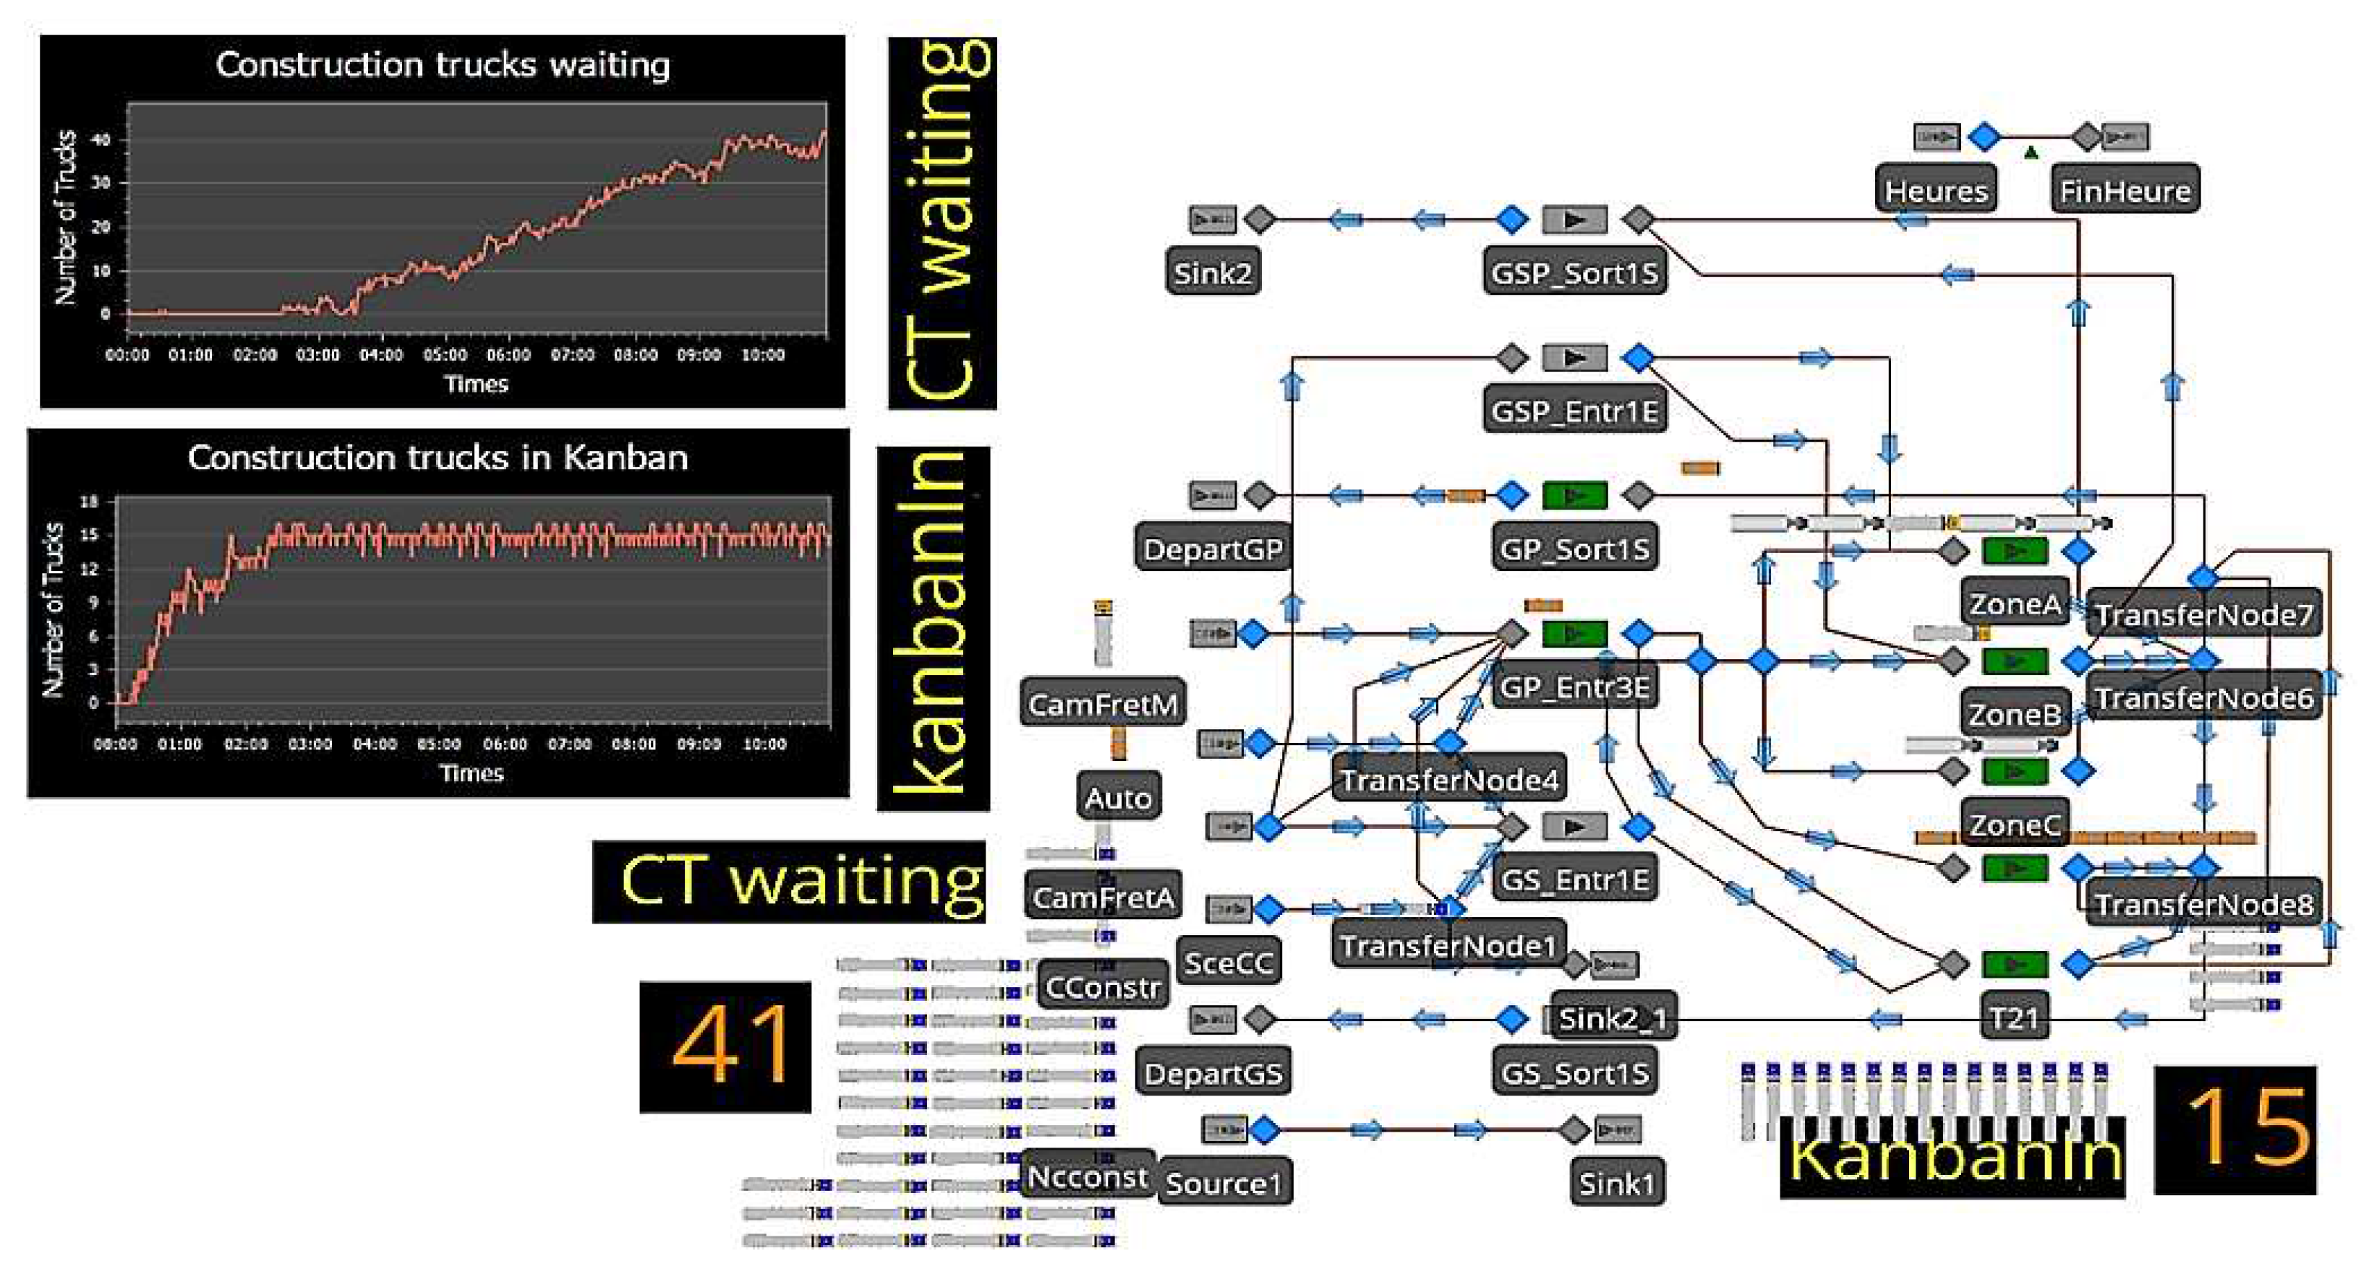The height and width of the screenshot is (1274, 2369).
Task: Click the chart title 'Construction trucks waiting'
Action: (443, 65)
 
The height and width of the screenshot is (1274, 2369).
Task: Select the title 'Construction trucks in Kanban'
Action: (437, 457)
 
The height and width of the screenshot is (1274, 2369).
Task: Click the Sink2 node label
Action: (1211, 272)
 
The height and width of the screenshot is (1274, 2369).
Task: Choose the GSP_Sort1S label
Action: (1574, 272)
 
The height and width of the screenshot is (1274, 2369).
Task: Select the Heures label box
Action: (1935, 190)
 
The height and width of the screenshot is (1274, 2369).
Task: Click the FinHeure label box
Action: (2125, 190)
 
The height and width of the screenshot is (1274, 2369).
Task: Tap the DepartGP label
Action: (1211, 548)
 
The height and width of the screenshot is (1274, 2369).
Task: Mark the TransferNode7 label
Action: (2203, 614)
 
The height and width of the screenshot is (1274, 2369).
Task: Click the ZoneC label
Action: (2014, 825)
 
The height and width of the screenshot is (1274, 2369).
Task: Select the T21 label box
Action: (2014, 1017)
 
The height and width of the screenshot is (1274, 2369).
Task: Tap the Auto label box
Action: (1117, 797)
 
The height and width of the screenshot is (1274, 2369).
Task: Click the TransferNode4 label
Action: (1448, 780)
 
